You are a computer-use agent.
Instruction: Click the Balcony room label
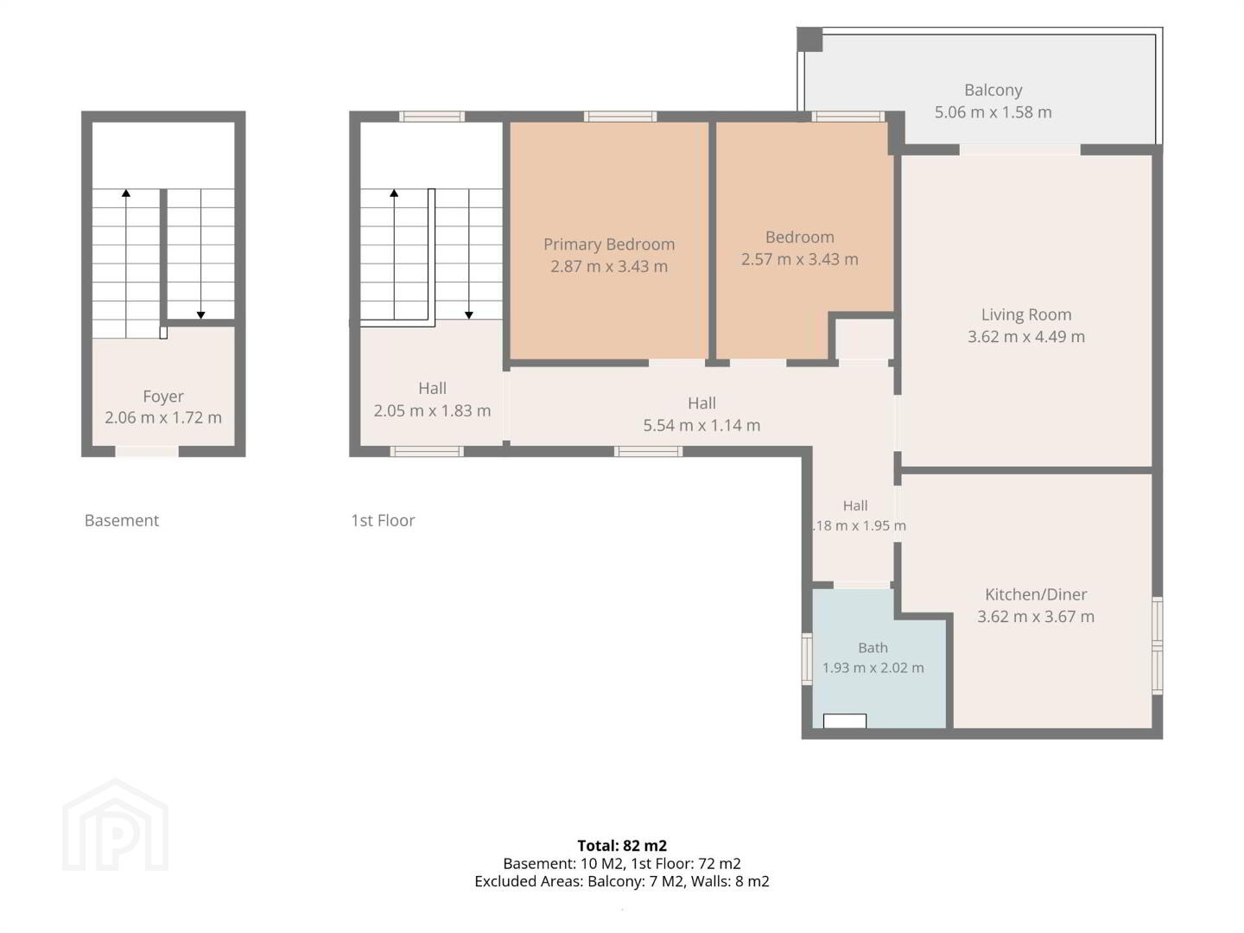tap(993, 90)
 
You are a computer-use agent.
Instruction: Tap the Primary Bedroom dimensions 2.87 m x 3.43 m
tap(609, 266)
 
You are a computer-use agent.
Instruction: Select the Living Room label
tap(1025, 314)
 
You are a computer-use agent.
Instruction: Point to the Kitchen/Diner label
tap(1036, 594)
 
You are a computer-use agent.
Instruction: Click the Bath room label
tap(873, 648)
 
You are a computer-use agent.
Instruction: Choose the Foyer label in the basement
tap(163, 397)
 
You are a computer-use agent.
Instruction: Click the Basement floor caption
tap(122, 520)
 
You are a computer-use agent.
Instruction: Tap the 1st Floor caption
tap(383, 520)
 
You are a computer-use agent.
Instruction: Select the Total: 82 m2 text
tap(622, 846)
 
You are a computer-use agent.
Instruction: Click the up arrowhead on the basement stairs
tap(126, 194)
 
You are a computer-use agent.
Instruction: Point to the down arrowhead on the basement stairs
tap(200, 315)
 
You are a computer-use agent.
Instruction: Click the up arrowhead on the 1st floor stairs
tap(394, 194)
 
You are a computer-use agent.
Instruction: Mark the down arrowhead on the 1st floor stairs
tap(469, 315)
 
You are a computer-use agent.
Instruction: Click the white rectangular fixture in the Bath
tap(844, 720)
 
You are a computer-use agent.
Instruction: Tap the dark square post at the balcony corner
tap(809, 40)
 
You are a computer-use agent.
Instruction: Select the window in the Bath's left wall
tap(807, 659)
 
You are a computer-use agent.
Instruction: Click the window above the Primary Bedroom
tap(620, 117)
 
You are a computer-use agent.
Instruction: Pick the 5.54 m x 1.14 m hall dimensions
tap(701, 425)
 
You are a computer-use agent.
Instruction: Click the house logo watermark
tap(116, 825)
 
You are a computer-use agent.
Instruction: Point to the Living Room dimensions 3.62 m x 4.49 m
tap(1025, 337)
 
